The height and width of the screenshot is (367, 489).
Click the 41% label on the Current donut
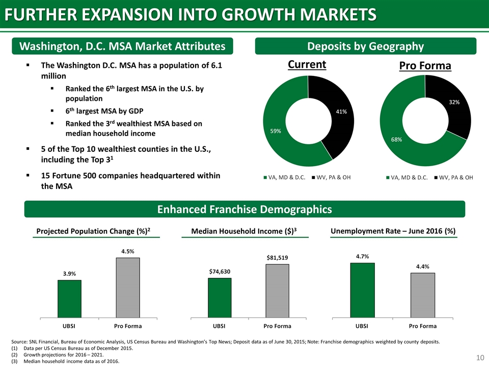pyautogui.click(x=341, y=112)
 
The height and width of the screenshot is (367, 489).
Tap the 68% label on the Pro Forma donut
pyautogui.click(x=396, y=140)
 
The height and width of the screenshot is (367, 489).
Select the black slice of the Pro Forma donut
pyautogui.click(x=452, y=106)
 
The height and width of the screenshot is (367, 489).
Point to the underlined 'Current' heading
pyautogui.click(x=307, y=65)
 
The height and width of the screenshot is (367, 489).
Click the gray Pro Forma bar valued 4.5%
pyautogui.click(x=128, y=287)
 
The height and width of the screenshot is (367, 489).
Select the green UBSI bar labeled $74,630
pyautogui.click(x=220, y=298)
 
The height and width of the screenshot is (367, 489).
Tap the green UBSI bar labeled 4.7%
pyautogui.click(x=362, y=291)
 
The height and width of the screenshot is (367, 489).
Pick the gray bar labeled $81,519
pyautogui.click(x=277, y=291)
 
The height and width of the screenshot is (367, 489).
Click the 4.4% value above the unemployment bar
pyautogui.click(x=423, y=267)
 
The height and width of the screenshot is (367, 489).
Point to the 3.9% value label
pyautogui.click(x=69, y=274)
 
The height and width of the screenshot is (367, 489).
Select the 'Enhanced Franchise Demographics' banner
pyautogui.click(x=244, y=209)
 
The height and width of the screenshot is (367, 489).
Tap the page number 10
pyautogui.click(x=480, y=358)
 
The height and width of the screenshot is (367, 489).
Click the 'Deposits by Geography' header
pyautogui.click(x=366, y=46)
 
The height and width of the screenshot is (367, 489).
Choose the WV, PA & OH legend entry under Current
pyautogui.click(x=331, y=177)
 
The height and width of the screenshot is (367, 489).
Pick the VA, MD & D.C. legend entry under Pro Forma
pyautogui.click(x=406, y=177)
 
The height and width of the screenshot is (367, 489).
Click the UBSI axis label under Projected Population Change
pyautogui.click(x=69, y=326)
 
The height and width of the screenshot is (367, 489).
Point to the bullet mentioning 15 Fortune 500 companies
pyautogui.click(x=130, y=180)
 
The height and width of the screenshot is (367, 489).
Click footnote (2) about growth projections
pyautogui.click(x=58, y=355)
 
